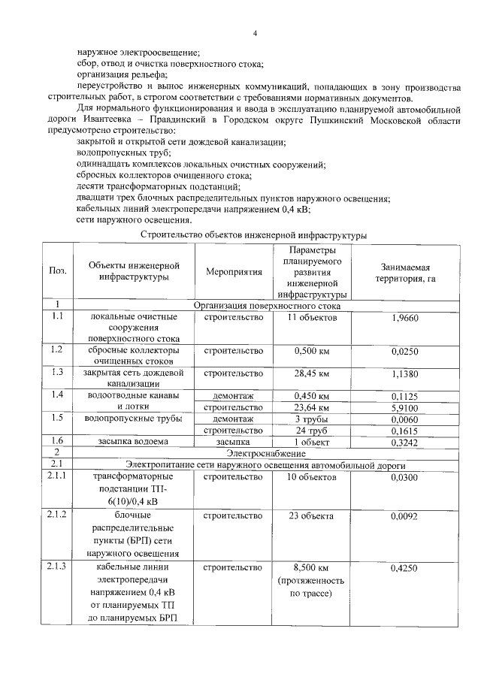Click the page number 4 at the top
click(255, 34)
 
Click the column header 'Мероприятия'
click(234, 271)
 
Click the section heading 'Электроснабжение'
click(268, 454)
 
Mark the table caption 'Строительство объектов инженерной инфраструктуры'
click(254, 235)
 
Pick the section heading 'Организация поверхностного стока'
click(268, 306)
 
